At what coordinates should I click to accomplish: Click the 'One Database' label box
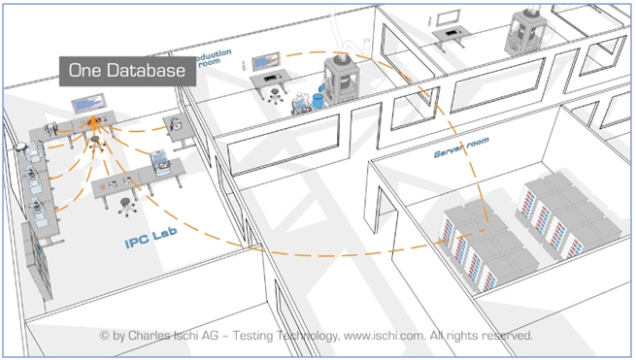click(x=119, y=72)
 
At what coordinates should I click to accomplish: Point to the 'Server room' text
click(x=461, y=147)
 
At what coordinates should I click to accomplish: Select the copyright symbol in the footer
click(x=104, y=336)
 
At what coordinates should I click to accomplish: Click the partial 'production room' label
click(x=216, y=55)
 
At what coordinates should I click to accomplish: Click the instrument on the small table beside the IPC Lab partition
click(x=176, y=125)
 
